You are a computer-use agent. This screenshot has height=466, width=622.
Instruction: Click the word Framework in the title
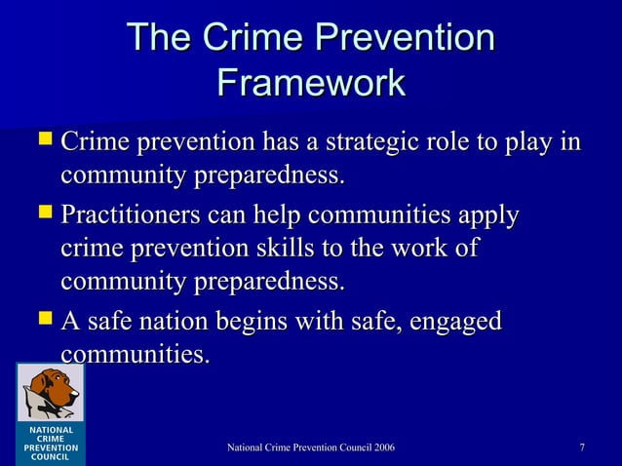[311, 82]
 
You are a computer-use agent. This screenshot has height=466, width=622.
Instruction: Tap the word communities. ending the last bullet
[135, 354]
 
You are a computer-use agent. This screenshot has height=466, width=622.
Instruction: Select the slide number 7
[582, 447]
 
